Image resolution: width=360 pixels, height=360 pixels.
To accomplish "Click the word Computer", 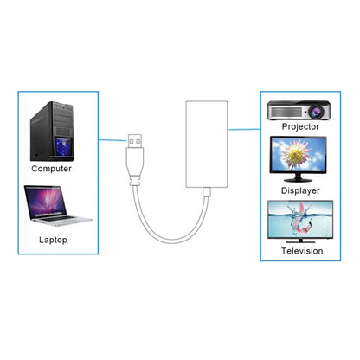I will [51, 169].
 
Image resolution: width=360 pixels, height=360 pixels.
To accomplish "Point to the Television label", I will [303, 251].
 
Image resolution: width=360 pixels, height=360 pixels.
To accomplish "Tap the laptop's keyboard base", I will [54, 222].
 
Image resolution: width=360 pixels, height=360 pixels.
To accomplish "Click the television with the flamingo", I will [302, 222].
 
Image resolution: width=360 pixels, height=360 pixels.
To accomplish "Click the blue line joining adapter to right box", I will [247, 131].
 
